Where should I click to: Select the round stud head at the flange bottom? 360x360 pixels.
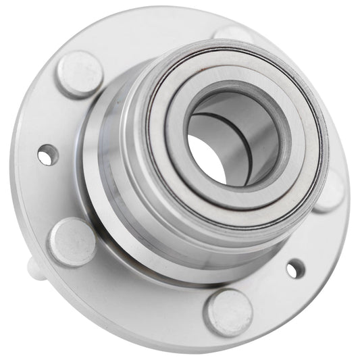point(229,312)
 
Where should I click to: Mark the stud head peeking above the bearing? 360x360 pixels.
point(233,34)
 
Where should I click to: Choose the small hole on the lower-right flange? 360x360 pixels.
point(294,269)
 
